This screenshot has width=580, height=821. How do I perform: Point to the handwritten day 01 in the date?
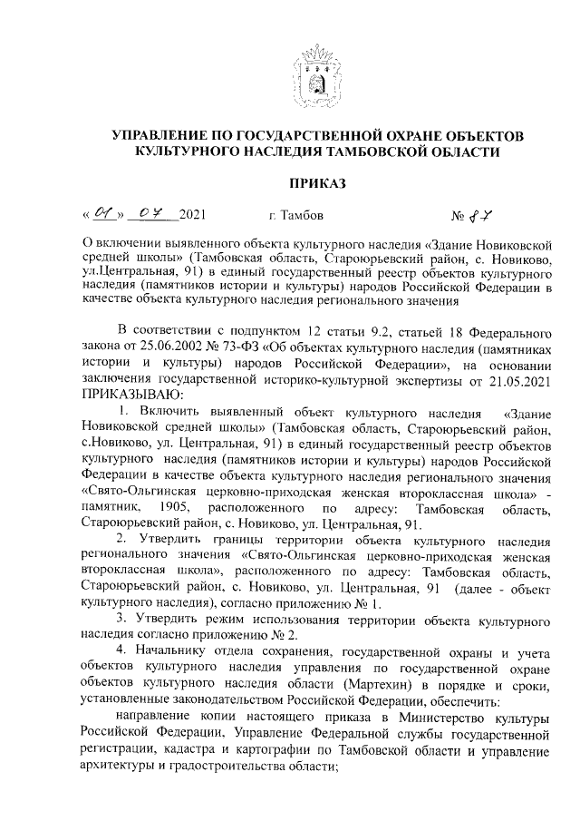point(103,215)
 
